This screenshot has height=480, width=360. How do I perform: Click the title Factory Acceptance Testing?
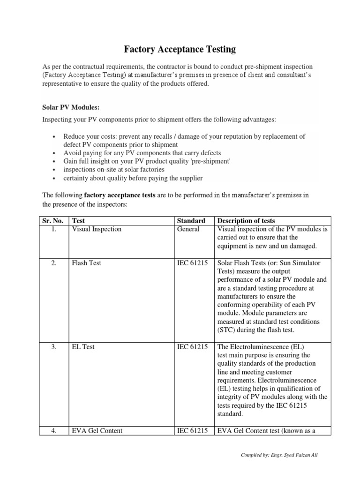point(180,49)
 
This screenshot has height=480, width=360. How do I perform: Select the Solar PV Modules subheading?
point(71,107)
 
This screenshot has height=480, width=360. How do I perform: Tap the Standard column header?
point(191,220)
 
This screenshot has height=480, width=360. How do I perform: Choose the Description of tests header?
point(247,220)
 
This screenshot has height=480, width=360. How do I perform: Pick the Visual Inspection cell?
point(96,229)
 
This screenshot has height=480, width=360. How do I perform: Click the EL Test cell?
point(83,347)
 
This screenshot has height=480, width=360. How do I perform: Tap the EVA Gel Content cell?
point(97,430)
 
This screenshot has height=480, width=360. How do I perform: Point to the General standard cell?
point(188,229)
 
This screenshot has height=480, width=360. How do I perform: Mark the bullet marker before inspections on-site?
point(54,170)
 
